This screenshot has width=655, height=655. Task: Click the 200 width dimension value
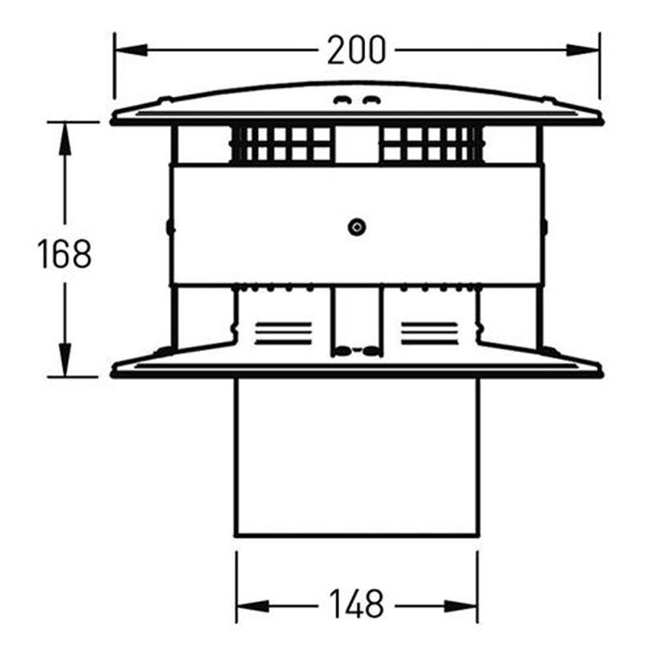tap(356, 51)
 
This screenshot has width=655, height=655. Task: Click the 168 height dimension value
tap(64, 254)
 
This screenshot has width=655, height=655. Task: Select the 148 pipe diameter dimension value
tap(356, 604)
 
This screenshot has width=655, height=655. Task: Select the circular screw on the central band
tap(356, 228)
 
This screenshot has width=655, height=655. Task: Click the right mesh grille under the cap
tap(430, 144)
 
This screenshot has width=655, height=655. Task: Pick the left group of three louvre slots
tap(283, 332)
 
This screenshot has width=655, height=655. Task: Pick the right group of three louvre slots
tap(430, 332)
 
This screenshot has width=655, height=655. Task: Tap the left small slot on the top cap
tap(342, 102)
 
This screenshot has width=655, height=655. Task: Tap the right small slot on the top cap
tap(371, 102)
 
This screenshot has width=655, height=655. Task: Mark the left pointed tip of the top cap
tap(114, 119)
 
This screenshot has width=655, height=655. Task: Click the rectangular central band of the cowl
tap(270, 224)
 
